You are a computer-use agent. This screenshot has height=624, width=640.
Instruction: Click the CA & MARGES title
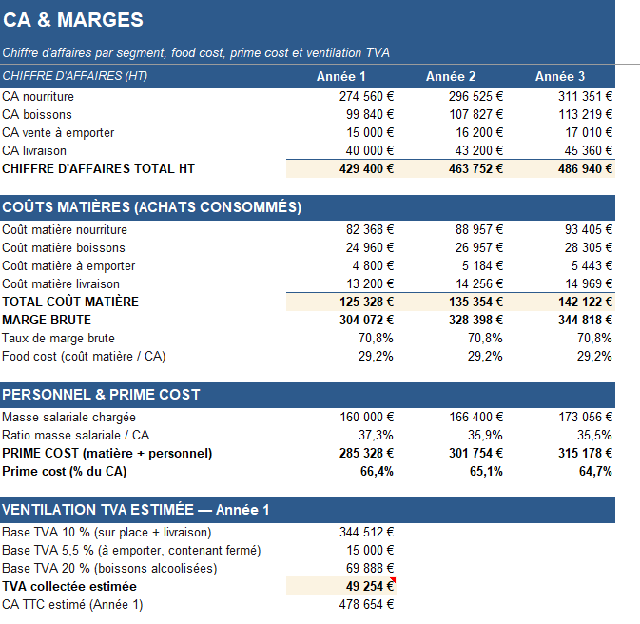pos(73,20)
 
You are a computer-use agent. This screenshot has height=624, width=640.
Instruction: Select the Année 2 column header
pos(451,76)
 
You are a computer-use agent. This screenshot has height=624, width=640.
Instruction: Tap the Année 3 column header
pos(560,76)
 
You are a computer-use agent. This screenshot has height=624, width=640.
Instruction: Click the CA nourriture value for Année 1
pos(366,96)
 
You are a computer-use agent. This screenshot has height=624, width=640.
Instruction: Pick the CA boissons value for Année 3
pos(586,114)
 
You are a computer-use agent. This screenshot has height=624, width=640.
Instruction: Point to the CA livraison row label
pos(34,150)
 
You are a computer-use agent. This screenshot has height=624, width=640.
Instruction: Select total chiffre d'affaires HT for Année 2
pos(475,168)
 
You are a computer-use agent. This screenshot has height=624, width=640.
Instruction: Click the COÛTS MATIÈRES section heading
pos(152,207)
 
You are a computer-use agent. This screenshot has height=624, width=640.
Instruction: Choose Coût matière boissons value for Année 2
pos(479,247)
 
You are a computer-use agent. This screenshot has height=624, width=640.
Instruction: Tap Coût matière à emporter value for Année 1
pos(373,265)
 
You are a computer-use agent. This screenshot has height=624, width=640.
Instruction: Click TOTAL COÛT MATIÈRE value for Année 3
pos(586,302)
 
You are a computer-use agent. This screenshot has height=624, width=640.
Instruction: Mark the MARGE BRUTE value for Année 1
pos(366,320)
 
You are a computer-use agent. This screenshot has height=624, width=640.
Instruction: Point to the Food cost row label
pos(84,356)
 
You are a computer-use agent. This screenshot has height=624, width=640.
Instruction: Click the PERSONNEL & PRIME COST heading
pos(101,395)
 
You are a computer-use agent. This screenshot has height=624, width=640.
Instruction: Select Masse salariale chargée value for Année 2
pos(476,417)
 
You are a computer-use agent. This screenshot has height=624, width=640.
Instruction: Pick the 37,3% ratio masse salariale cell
pos(376,435)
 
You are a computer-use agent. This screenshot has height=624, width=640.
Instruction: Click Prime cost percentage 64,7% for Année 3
pos(595,471)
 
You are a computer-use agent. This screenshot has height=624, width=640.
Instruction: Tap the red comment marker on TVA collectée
pos(394,579)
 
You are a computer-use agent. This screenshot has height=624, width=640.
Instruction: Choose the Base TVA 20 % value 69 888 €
pos(370,568)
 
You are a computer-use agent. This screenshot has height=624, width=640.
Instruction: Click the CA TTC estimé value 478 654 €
pos(366,604)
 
